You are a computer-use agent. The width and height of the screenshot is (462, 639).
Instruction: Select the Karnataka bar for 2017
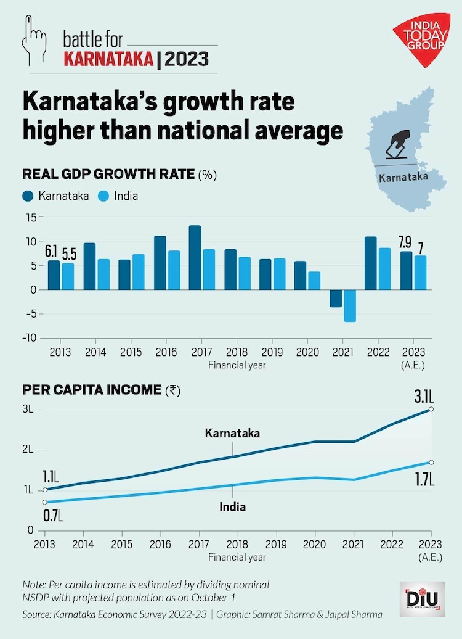195,258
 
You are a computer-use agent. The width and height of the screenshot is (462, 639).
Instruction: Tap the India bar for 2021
350,305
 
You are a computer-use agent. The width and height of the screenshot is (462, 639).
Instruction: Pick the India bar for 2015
139,272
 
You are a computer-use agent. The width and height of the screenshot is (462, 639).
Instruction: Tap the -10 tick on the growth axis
30,338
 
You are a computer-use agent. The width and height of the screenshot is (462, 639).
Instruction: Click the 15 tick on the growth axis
31,217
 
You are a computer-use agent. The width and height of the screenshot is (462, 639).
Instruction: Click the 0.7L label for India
53,514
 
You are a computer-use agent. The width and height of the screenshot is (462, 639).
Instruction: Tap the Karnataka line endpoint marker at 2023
431,409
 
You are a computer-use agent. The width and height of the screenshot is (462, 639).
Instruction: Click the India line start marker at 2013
45,502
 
